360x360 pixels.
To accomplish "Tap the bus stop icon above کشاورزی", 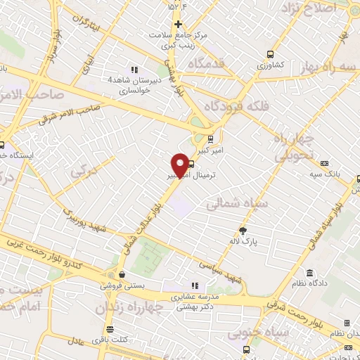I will [x=270, y=54].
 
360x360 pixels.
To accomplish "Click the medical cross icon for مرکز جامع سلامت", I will [x=179, y=24].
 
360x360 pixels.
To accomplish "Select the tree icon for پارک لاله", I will [x=244, y=229].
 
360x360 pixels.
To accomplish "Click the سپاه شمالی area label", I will [x=236, y=202].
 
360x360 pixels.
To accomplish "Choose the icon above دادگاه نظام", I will [x=309, y=273].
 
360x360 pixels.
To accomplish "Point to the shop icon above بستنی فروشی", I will [x=122, y=274].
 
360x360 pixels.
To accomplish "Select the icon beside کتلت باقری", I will [x=109, y=329].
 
